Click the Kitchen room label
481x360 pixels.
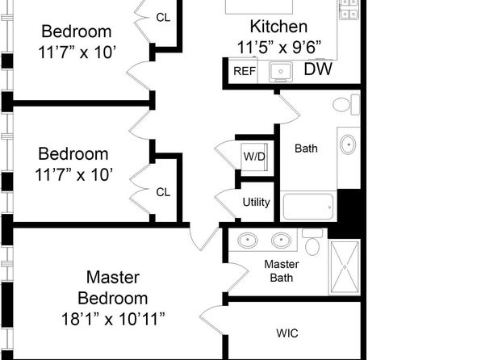[x=278, y=27]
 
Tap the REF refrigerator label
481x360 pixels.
[x=245, y=71]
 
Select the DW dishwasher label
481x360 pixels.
[x=318, y=69]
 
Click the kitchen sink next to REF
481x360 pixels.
[x=281, y=72]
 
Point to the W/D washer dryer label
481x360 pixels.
[x=254, y=157]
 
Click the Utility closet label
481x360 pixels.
[x=256, y=203]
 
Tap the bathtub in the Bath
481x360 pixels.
[x=308, y=207]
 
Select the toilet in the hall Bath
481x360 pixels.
[x=346, y=105]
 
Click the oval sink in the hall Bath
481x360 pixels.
[x=348, y=144]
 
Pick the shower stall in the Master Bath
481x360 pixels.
[x=345, y=267]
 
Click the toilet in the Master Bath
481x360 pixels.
[x=312, y=242]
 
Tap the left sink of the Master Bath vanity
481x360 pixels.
[x=248, y=240]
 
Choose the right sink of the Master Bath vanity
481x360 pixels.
[x=281, y=240]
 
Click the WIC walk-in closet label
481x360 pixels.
[x=287, y=333]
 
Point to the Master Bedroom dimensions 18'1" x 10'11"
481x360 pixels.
[x=113, y=319]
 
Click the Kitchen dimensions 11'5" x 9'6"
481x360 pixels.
[x=279, y=48]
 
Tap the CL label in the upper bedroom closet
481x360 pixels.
[x=163, y=18]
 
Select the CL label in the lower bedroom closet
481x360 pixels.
[x=163, y=192]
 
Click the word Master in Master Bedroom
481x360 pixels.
[x=113, y=277]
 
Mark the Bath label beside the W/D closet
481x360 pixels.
[x=306, y=149]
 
